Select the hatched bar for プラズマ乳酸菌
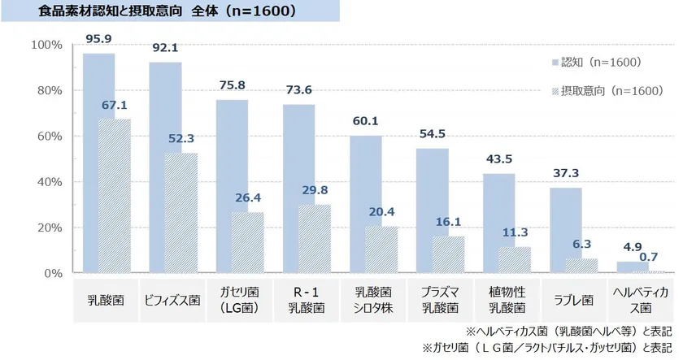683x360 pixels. [x=447, y=254]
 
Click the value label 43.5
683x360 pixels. [x=498, y=160]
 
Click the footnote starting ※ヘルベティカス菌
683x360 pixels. [x=568, y=332]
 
